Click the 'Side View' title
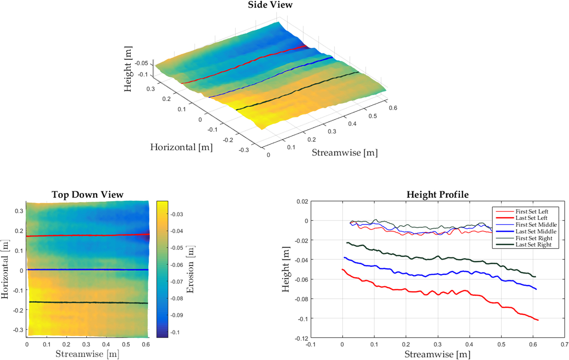[x=270, y=5]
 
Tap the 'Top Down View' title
[x=87, y=195]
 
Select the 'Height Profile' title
[x=437, y=195]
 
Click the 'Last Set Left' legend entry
[x=531, y=218]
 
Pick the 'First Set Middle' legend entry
[x=536, y=225]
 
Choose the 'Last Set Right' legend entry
[x=534, y=245]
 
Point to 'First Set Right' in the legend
[x=534, y=238]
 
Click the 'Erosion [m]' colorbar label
[x=190, y=269]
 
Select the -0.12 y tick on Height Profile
[x=301, y=338]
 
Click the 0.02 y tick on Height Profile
[x=302, y=202]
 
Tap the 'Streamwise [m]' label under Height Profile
[x=437, y=354]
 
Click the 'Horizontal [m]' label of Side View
[x=181, y=147]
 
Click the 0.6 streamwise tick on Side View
[x=393, y=108]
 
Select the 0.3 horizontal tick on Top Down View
[x=19, y=211]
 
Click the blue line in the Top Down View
[x=87, y=270]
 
